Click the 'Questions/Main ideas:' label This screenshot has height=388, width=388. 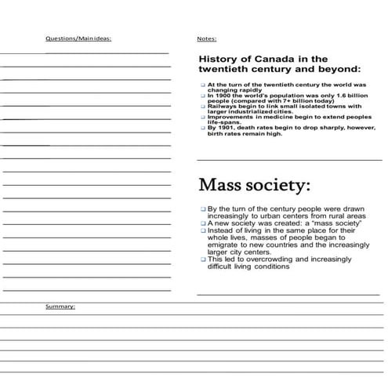pos(78,38)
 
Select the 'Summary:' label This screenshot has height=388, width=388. pos(60,306)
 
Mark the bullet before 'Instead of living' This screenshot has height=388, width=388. pos(202,231)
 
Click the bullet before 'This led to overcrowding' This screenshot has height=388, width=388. pos(202,259)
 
